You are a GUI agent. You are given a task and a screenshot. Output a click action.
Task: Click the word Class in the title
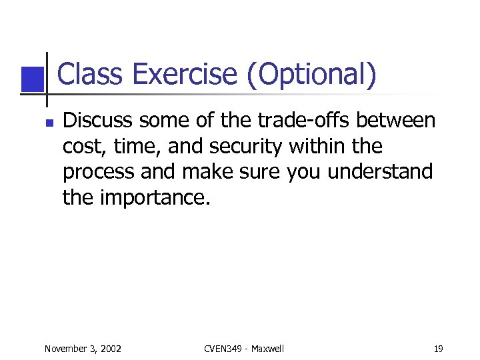[x=91, y=75]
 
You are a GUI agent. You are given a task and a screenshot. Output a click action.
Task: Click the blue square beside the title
[x=31, y=79]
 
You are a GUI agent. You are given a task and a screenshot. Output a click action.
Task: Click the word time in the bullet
[x=131, y=147]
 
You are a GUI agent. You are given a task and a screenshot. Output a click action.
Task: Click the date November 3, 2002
[x=83, y=349]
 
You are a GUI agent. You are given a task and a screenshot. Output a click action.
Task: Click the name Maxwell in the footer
[x=267, y=349]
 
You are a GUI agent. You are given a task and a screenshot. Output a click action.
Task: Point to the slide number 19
[x=438, y=349]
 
